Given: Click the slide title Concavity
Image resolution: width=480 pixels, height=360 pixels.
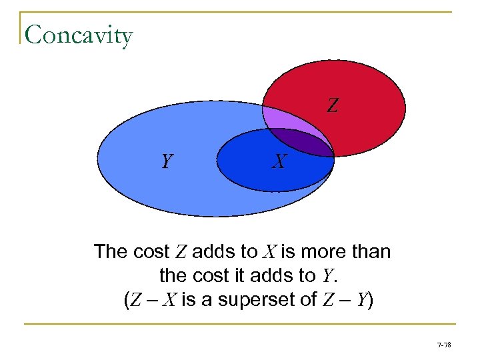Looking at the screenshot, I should pos(79,35).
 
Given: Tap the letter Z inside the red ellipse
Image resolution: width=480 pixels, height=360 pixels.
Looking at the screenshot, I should pos(332,105).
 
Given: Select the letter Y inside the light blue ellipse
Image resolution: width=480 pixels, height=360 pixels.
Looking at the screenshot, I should pos(168,161).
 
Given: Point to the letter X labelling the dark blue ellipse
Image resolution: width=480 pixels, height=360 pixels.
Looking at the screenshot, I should pos(279,161).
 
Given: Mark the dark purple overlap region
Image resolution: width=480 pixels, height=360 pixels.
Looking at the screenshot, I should pos(307,143).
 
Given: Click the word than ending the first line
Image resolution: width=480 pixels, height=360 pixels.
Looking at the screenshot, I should pos(372,252).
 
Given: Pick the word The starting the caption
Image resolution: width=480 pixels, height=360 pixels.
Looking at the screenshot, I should pos(110,252).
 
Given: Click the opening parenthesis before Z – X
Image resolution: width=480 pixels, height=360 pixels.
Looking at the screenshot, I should pos(127,300).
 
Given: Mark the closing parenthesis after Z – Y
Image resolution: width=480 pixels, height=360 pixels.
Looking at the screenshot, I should pos(370,300).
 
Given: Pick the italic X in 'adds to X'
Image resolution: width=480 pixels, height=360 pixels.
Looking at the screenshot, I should pos(270,252).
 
